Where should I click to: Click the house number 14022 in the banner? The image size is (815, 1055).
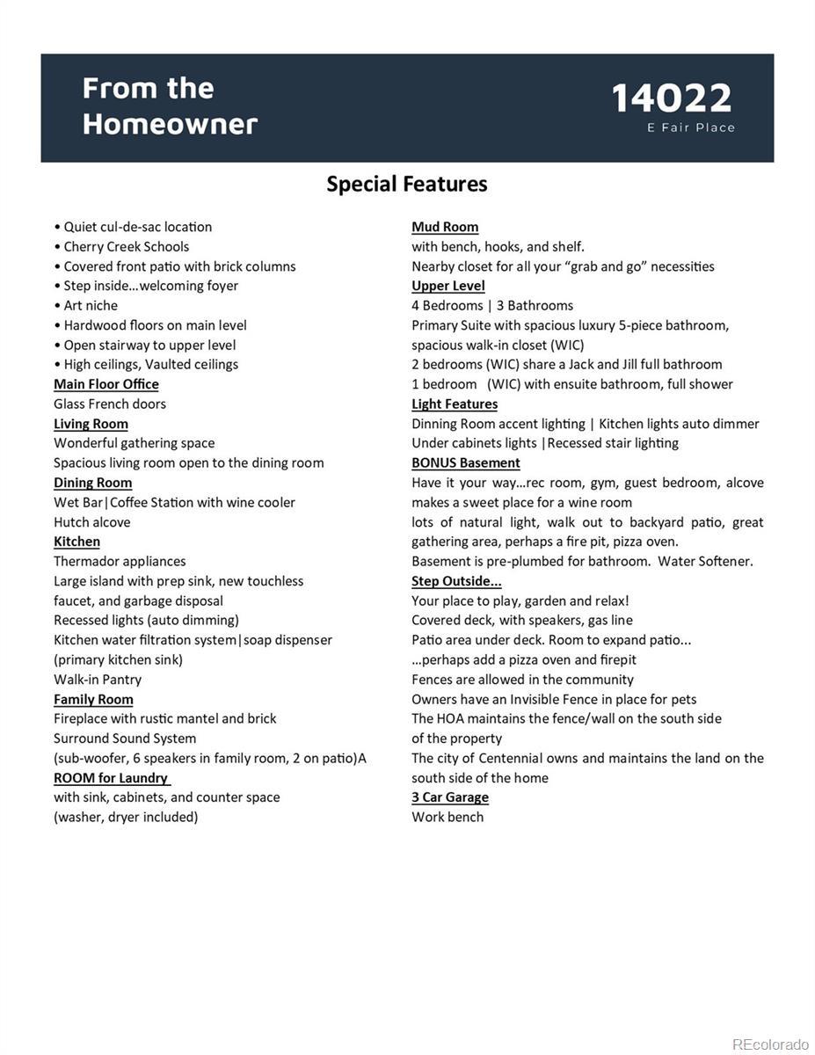pyautogui.click(x=671, y=98)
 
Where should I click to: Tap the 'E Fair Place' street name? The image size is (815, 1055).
pyautogui.click(x=691, y=127)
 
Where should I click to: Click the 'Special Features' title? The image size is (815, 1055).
pyautogui.click(x=407, y=184)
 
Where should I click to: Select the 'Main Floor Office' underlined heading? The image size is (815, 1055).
pyautogui.click(x=106, y=384)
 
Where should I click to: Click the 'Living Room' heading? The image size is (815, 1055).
pyautogui.click(x=91, y=424)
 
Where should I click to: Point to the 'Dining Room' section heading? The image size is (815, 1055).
pyautogui.click(x=92, y=483)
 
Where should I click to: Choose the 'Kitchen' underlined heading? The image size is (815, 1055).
pyautogui.click(x=76, y=542)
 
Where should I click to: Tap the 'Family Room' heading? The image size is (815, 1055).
pyautogui.click(x=93, y=699)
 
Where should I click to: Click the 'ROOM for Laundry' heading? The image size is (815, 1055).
pyautogui.click(x=111, y=778)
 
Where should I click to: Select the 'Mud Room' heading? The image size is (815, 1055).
pyautogui.click(x=445, y=227)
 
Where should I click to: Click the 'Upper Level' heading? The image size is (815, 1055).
pyautogui.click(x=448, y=286)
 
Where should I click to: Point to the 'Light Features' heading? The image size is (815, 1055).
pyautogui.click(x=455, y=404)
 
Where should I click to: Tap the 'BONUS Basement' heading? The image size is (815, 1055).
pyautogui.click(x=466, y=463)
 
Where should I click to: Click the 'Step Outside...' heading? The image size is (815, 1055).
pyautogui.click(x=456, y=581)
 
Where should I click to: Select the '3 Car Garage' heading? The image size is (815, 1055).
pyautogui.click(x=450, y=797)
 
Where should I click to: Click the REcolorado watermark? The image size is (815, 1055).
pyautogui.click(x=770, y=1044)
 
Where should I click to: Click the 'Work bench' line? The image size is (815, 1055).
pyautogui.click(x=448, y=817)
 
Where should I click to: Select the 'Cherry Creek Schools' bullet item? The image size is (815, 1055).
pyautogui.click(x=126, y=246)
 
